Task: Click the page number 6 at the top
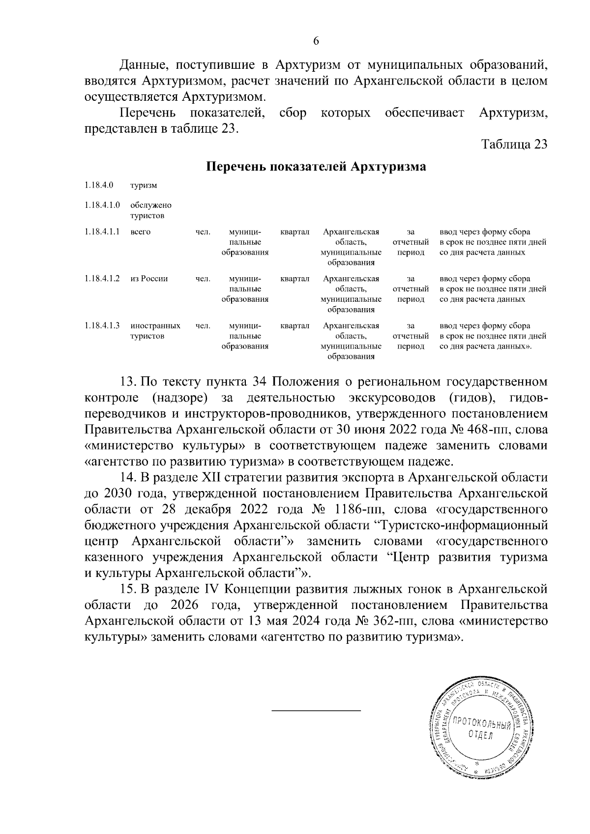[316, 41]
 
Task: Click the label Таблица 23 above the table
[514, 145]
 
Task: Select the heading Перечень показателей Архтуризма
[316, 167]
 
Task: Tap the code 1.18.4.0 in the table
[98, 185]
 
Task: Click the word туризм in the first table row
[144, 186]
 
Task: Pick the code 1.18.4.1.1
[102, 232]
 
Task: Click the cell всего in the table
[140, 232]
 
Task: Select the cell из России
[149, 279]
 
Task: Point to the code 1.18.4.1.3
[102, 325]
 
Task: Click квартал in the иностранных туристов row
[295, 325]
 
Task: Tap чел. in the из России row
[203, 279]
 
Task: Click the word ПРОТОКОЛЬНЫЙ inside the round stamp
[481, 723]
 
